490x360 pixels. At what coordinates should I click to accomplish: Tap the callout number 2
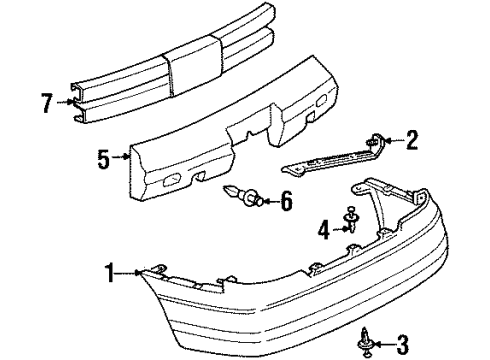click(x=411, y=141)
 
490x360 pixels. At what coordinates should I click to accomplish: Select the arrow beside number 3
click(x=384, y=345)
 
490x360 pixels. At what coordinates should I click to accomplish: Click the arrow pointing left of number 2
click(x=393, y=141)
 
